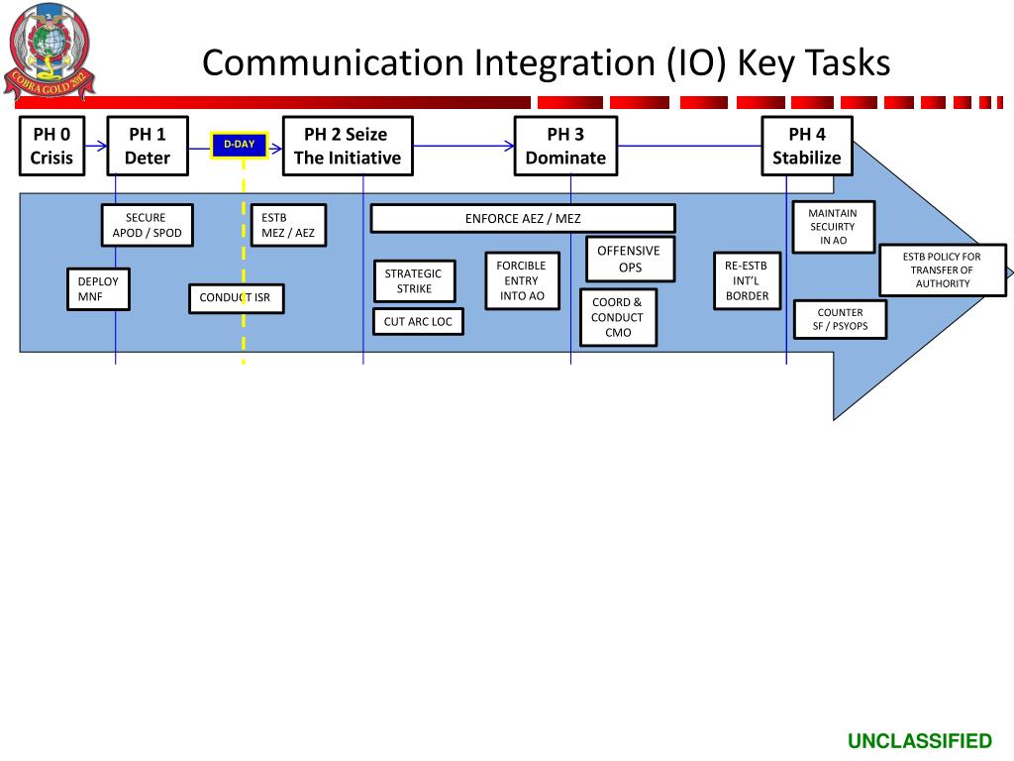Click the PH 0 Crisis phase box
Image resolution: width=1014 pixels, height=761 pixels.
[x=51, y=146]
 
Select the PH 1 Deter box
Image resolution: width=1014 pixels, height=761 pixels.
[x=147, y=146]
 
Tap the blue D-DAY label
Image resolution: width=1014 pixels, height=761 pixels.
[x=239, y=146]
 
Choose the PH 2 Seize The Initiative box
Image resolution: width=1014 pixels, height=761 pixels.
[x=348, y=146]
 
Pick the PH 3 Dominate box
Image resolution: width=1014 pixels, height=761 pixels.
[x=565, y=146]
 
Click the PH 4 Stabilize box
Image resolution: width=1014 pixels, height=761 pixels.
[x=806, y=146]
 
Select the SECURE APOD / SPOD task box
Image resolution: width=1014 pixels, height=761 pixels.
[x=148, y=225]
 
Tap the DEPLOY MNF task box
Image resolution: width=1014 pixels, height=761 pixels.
[x=98, y=288]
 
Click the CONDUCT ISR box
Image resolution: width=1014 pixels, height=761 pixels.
[x=236, y=298]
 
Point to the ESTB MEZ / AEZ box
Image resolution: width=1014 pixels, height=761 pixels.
[x=288, y=225]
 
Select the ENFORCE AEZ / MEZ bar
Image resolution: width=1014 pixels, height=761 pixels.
[x=523, y=218]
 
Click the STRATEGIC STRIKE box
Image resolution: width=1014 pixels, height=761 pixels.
[x=414, y=280]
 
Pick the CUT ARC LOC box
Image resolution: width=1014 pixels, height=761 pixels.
[x=418, y=321]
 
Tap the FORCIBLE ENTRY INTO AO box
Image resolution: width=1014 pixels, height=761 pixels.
[x=522, y=280]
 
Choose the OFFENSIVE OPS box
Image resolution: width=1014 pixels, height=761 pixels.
[x=629, y=259]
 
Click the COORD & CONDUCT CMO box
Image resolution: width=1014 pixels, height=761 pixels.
[x=618, y=317]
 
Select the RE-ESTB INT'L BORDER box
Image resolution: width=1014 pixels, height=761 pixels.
[x=747, y=280]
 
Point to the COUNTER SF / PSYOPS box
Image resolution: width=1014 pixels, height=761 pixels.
[x=840, y=319]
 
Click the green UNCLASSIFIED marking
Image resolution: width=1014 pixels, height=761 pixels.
[x=919, y=741]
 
